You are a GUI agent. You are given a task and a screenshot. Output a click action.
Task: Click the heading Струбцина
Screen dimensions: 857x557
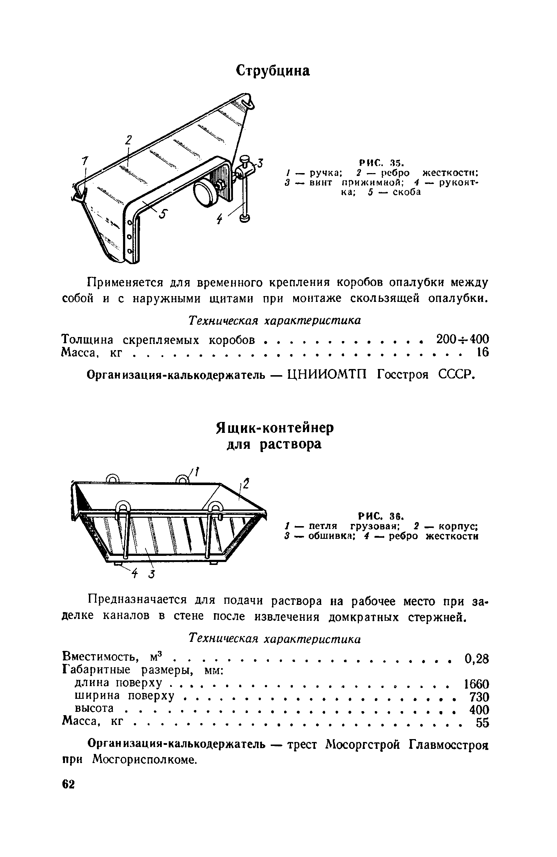(273, 71)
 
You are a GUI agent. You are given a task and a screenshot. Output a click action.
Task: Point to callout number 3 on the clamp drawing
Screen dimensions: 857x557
(260, 164)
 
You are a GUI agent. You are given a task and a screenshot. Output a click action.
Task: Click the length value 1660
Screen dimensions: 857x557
(476, 684)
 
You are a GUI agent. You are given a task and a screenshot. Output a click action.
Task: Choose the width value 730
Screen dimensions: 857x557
(479, 697)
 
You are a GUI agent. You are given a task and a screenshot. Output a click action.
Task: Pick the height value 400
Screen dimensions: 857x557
(479, 710)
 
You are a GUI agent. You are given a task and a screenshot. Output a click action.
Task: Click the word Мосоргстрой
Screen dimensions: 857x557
(364, 745)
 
